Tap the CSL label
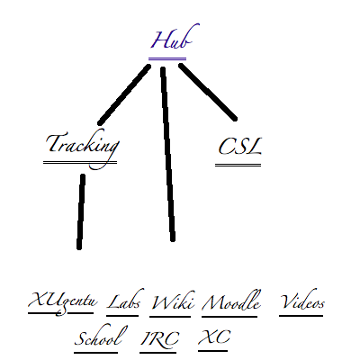point(240,147)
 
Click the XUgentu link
point(62,301)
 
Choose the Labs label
point(124,300)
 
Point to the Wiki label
point(173,301)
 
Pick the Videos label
point(302,300)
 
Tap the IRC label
point(159,338)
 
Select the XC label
point(214,337)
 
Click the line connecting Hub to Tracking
point(124,94)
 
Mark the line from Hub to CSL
point(208,92)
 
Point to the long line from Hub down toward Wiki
point(167,154)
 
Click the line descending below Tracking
point(81,211)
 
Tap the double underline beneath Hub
point(167,58)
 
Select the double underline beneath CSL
point(238,165)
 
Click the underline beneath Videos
point(301,315)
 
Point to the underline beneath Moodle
point(229,316)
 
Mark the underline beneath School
point(95,352)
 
